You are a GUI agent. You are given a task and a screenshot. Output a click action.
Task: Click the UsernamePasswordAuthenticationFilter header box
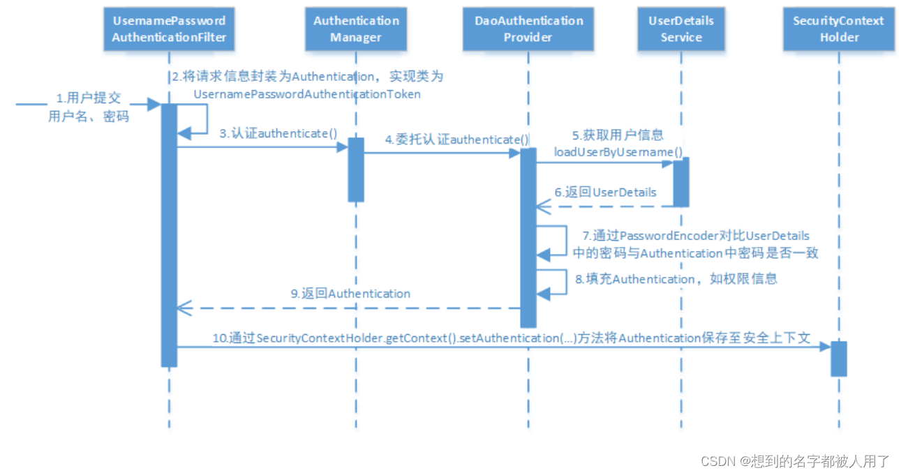point(169,29)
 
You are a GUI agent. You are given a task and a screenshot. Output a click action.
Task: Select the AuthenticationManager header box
point(355,29)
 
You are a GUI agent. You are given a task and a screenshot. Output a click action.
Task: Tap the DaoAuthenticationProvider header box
point(528,29)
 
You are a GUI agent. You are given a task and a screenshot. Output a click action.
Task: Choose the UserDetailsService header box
point(681,29)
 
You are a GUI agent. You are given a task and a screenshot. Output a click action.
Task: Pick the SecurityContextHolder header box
point(838,29)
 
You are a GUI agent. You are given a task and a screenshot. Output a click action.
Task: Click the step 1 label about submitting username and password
point(89,107)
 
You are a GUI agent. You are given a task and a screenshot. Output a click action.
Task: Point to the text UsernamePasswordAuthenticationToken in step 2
point(307,93)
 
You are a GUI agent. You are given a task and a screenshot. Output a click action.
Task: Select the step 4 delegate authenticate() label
point(457,140)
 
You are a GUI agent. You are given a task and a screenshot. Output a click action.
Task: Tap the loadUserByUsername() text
point(618,151)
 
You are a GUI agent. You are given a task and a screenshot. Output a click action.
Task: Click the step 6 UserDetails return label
point(605,192)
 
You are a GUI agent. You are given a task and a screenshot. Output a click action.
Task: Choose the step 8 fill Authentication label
point(676,279)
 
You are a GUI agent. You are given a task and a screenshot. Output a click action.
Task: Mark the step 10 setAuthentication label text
point(511,338)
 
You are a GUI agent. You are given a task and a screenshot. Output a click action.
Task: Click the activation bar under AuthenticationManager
point(356,169)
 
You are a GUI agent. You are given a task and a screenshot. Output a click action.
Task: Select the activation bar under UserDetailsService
point(681,181)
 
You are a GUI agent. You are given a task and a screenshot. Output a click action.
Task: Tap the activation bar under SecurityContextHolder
point(838,359)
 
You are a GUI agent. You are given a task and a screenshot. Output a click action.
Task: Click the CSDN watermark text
point(796,461)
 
